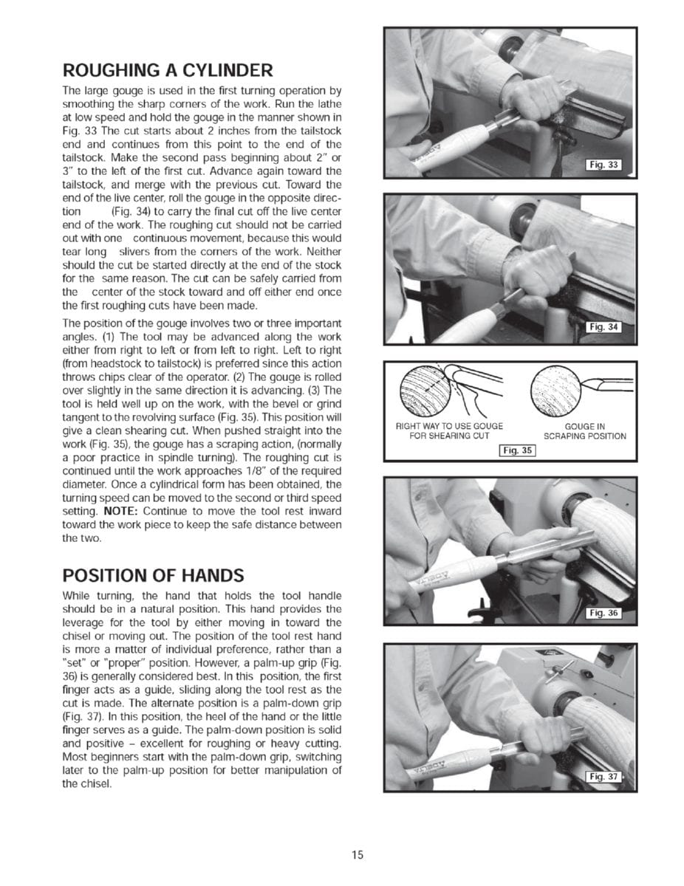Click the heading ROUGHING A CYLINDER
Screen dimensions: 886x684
tap(168, 71)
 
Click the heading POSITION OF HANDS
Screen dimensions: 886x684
tap(153, 575)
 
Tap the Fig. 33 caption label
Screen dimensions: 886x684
tap(602, 165)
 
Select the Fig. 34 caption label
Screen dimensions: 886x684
tap(602, 327)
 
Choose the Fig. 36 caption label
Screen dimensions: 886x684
tap(602, 614)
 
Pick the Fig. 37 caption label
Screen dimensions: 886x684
tap(602, 776)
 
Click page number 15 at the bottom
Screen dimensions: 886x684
tap(358, 855)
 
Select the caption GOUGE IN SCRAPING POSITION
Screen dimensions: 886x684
tap(584, 430)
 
